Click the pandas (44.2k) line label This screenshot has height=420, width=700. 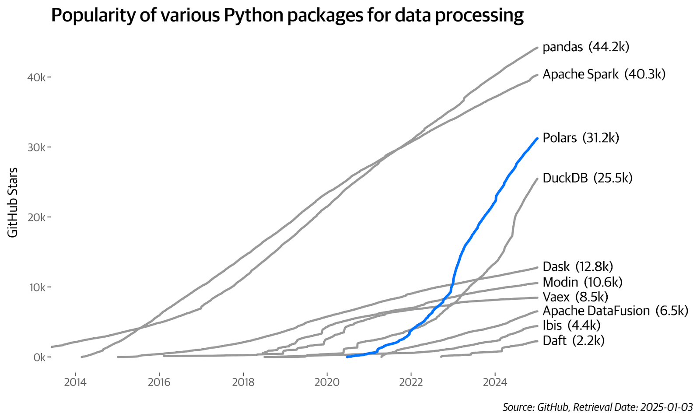point(585,47)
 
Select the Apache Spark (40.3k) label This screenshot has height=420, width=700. point(604,74)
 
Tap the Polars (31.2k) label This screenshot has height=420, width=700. point(581,138)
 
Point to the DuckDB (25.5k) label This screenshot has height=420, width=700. point(587,178)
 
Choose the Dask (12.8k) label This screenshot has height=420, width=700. point(577,266)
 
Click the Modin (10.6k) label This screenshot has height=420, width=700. point(582,282)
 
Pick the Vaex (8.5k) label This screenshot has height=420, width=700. point(575,297)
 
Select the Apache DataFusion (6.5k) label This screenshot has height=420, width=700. point(615,311)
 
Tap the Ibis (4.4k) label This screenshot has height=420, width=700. point(571,325)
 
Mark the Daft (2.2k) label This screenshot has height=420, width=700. point(574,340)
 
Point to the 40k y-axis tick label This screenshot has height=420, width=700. point(36,77)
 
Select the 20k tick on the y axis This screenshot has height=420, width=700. point(36,217)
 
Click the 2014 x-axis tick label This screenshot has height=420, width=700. point(75,382)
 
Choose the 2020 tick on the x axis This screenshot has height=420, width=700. point(327,382)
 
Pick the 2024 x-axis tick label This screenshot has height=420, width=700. point(495,382)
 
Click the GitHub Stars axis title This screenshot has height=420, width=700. point(13,203)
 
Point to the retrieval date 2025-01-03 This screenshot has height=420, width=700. point(666,407)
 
